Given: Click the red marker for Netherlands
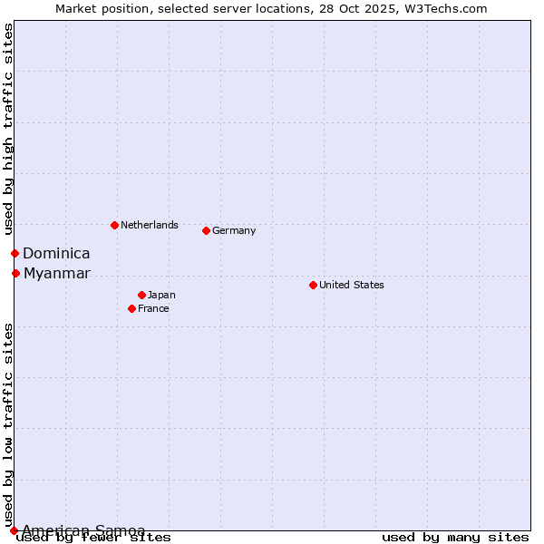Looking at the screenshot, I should [114, 225].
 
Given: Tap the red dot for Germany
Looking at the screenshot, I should [206, 230].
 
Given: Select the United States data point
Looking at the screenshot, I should [313, 285].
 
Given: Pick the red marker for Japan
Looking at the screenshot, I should [141, 295].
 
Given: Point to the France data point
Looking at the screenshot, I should [131, 308].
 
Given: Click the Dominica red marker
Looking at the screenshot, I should [15, 253].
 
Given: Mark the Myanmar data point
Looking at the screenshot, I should [15, 273].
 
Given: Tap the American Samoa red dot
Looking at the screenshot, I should [14, 530].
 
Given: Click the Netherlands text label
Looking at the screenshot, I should [150, 225].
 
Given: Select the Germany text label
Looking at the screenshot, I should [234, 230].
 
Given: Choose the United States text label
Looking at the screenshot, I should [352, 285].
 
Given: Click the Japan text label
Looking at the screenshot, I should [161, 295].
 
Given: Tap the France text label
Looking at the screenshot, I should [153, 308].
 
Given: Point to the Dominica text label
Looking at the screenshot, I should [56, 254].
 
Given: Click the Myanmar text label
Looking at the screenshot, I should [57, 274].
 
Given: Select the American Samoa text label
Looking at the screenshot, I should [83, 530].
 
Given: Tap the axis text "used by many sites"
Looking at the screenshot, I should [455, 538].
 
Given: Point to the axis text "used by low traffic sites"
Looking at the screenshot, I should [8, 424].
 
